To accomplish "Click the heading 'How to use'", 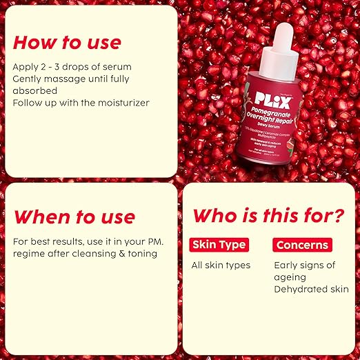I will (x=67, y=42).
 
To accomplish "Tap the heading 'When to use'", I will (x=74, y=217).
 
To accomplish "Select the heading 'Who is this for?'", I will (x=268, y=215).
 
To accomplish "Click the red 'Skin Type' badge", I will (x=218, y=245).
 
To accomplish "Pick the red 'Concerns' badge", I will (x=301, y=245).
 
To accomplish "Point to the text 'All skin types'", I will (x=221, y=265).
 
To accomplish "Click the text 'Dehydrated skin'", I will (x=311, y=290).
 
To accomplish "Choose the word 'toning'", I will (x=141, y=253).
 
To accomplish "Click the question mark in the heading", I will (x=337, y=215).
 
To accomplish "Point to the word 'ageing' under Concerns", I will (x=292, y=277).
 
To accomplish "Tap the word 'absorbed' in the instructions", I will (x=34, y=90).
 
